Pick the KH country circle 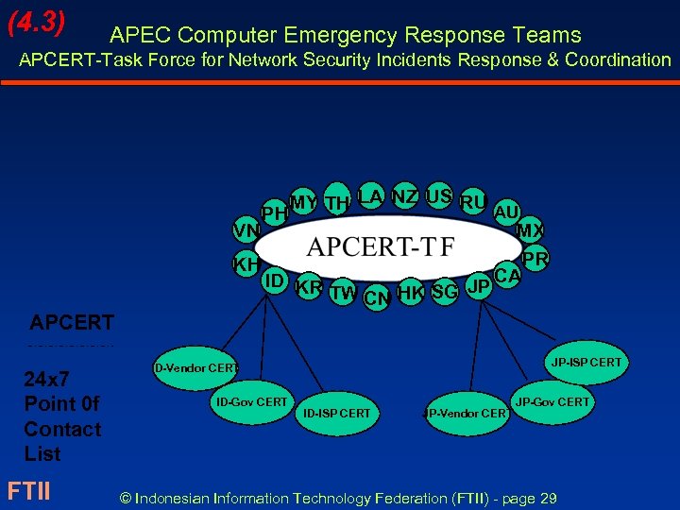tap(246, 264)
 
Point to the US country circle tap(438, 196)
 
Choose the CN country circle tap(377, 298)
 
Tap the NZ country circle tap(405, 196)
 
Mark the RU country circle tap(472, 201)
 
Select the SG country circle tap(444, 292)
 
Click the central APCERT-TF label tap(381, 247)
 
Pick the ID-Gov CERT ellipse tap(252, 402)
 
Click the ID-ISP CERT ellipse tap(336, 414)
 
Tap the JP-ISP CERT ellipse tap(586, 363)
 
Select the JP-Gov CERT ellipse tap(552, 402)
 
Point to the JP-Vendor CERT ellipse tap(464, 414)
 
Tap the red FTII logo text tap(28, 491)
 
